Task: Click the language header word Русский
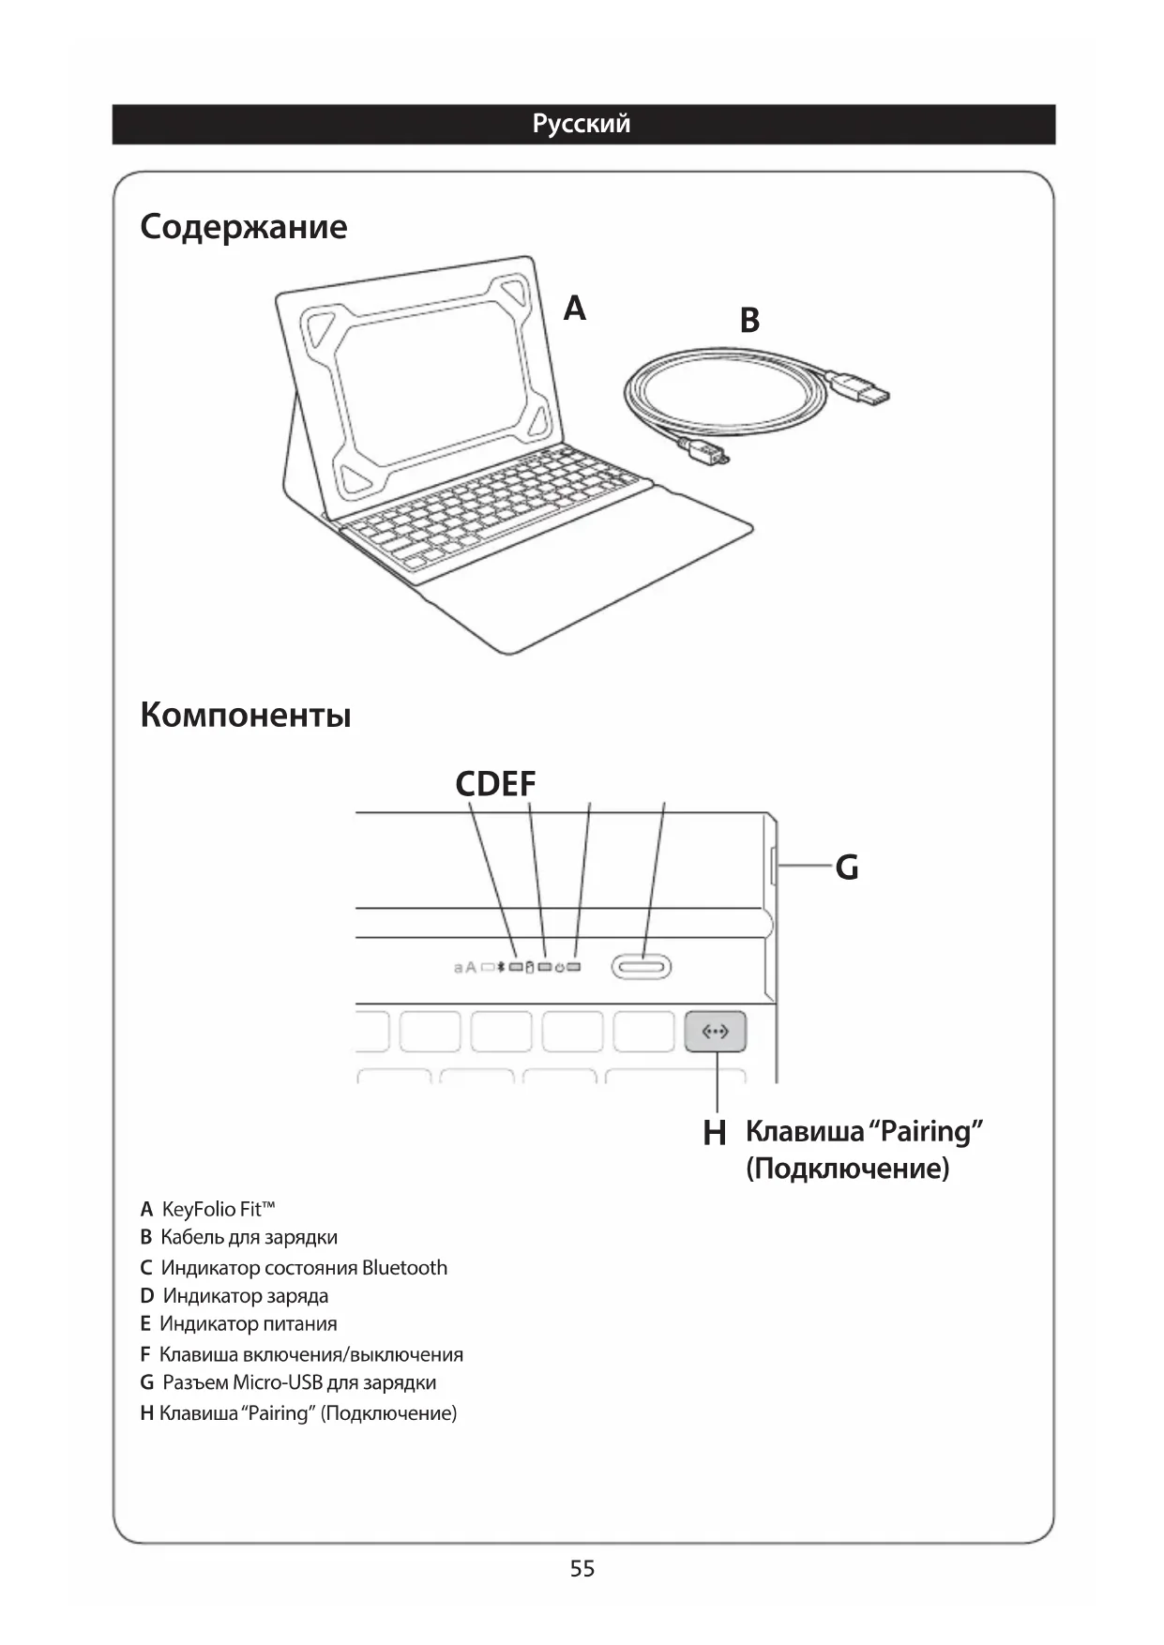tap(582, 124)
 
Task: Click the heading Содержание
tap(244, 227)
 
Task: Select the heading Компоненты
tap(246, 716)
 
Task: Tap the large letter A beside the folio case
tap(574, 308)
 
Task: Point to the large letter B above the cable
tap(749, 321)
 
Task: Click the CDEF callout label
tap(495, 784)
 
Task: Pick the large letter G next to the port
tap(847, 868)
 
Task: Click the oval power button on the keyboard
tap(642, 967)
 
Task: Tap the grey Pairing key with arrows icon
tap(715, 1032)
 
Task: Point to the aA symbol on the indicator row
tap(465, 967)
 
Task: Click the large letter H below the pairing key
tap(715, 1133)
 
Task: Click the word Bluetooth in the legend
tap(404, 1268)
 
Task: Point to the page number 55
tap(582, 1569)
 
